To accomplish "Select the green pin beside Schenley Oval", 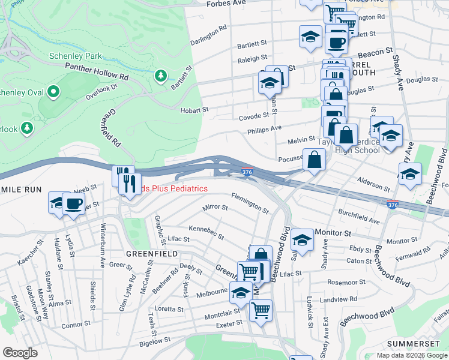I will [53, 92].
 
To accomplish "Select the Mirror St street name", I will [215, 208].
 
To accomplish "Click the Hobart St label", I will [194, 110].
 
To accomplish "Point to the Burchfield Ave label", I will [358, 217].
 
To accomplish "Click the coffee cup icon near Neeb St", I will [73, 203].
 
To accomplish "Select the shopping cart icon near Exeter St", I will [261, 311].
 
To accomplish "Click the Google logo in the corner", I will [20, 352].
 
